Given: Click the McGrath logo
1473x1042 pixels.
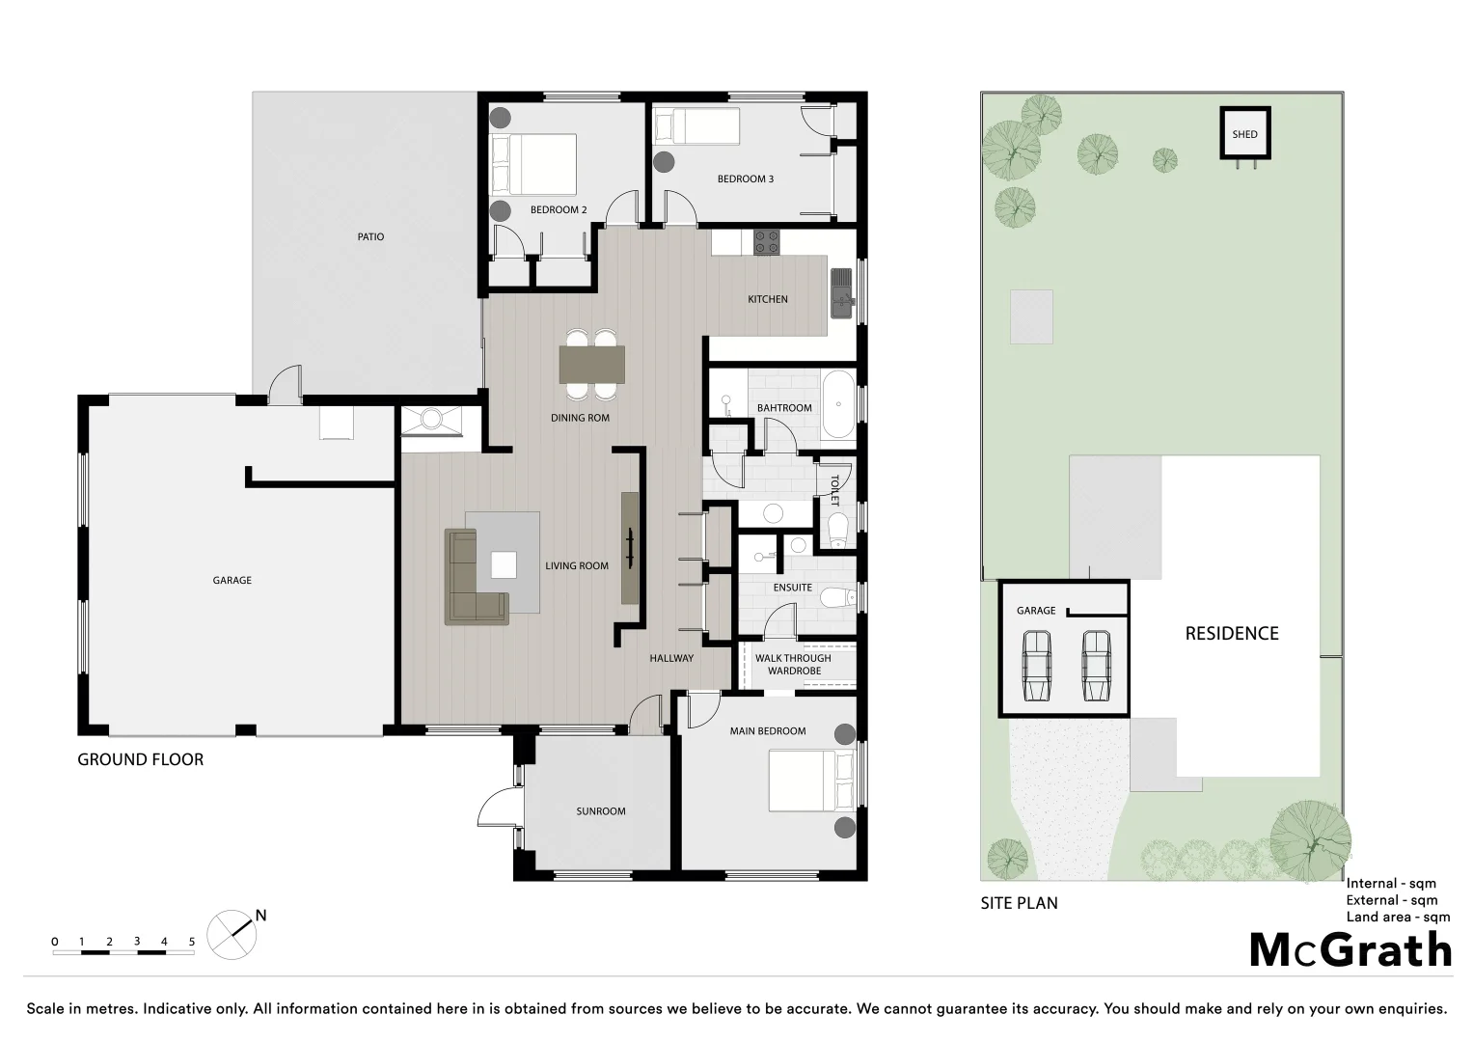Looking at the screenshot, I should click(1350, 950).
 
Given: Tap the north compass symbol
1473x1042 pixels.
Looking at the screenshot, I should click(232, 934).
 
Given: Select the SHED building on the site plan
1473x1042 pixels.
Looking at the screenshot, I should click(1244, 133).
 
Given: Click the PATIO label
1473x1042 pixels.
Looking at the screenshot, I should click(370, 236).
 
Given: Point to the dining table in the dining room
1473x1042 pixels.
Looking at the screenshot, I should click(591, 364).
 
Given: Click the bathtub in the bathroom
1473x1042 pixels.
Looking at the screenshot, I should click(837, 404).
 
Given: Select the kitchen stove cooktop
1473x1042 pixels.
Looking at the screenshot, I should click(766, 241).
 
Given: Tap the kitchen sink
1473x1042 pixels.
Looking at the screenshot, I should click(842, 292).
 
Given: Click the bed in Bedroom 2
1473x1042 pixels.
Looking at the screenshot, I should click(534, 165).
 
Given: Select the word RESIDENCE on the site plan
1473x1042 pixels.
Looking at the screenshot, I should click(1232, 634).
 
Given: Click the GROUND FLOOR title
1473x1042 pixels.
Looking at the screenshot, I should click(141, 759).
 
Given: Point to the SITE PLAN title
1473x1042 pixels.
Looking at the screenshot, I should click(1019, 903).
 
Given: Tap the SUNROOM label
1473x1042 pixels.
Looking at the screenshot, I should click(601, 811).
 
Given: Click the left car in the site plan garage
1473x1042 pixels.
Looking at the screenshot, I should click(1036, 665).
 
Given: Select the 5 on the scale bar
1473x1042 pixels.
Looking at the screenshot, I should click(192, 942).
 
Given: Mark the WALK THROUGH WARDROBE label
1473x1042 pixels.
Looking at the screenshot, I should click(794, 665).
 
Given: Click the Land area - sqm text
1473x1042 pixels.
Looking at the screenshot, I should click(1398, 917).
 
